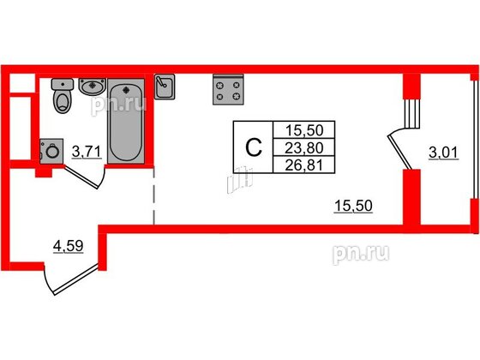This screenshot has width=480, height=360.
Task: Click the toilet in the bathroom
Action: pos(63,95)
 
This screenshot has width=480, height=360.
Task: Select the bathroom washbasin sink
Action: pos(93,86)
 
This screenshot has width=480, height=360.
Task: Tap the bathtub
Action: pos(126,121)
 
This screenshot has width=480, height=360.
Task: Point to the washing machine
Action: pos(51,151)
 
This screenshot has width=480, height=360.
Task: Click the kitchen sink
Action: pos(165,87)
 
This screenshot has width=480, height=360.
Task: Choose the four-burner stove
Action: pos(228,89)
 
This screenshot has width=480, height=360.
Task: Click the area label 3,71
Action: pos(87,152)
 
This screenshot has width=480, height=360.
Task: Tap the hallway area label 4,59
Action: pos(69,246)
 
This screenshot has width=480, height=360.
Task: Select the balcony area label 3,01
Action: pos(444,153)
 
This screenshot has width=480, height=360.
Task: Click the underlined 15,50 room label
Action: pos(353,206)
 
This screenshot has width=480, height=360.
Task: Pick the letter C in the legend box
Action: pos(254,147)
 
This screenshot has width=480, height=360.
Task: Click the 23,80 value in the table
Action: pos(304,148)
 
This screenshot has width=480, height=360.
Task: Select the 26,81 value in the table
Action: pos(304,165)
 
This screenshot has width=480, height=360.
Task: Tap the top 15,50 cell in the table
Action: pos(304,130)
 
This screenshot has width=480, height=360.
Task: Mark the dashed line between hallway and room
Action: pos(153,196)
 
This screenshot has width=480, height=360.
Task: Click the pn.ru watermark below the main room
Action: pos(361,254)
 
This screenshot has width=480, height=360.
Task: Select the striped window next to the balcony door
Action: pos(411,113)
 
